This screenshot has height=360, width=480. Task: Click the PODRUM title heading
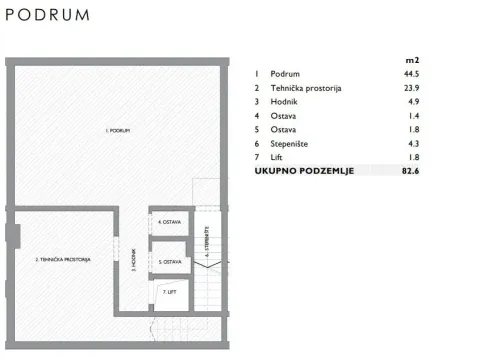(x=47, y=16)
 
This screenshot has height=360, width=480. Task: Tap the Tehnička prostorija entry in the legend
(x=306, y=88)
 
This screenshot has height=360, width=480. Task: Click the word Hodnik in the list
(x=286, y=102)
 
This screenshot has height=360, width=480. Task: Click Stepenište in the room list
(x=291, y=144)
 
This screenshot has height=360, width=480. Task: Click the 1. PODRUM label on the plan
(x=120, y=131)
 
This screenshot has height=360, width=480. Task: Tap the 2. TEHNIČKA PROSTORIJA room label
(x=64, y=259)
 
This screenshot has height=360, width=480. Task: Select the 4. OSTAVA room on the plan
(x=169, y=222)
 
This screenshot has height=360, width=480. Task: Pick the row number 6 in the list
(x=257, y=144)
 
